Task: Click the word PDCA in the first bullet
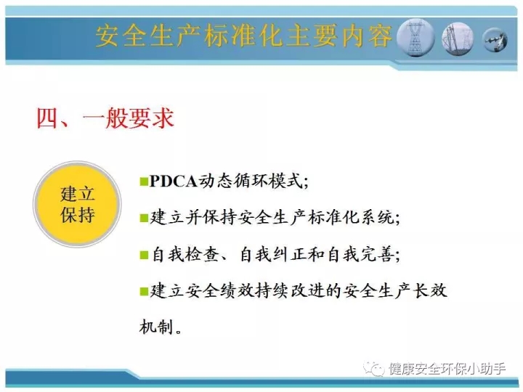(x=174, y=181)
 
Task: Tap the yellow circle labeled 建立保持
(x=78, y=204)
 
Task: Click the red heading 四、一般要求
(x=105, y=118)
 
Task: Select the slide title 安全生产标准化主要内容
(x=244, y=36)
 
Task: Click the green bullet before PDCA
(x=144, y=181)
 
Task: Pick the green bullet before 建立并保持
(x=144, y=218)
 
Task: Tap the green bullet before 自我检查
(x=144, y=255)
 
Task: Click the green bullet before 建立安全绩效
(x=144, y=291)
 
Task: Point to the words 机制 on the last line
(x=156, y=327)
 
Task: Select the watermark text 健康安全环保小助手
(x=447, y=369)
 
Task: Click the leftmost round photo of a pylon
(x=416, y=37)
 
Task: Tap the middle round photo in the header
(x=458, y=38)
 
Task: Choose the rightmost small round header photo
(x=495, y=40)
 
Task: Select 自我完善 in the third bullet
(x=361, y=255)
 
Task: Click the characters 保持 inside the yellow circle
(x=78, y=214)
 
